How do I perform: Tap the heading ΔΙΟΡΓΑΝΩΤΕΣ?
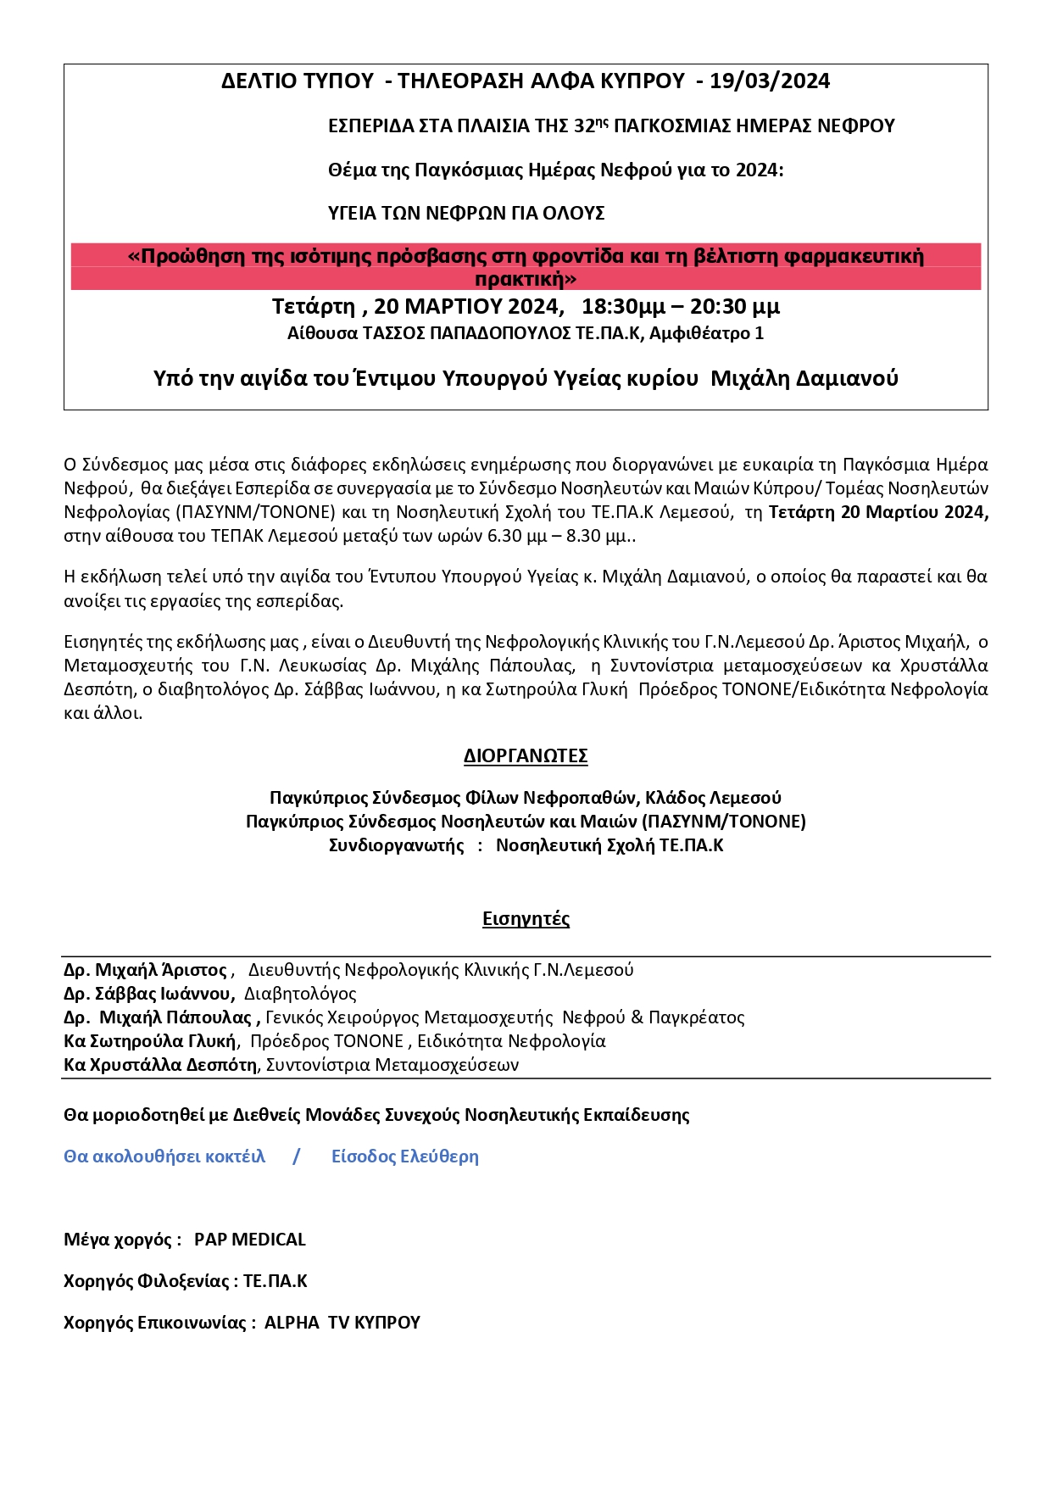[526, 756]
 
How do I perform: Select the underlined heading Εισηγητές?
[526, 919]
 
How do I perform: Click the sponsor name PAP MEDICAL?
[250, 1240]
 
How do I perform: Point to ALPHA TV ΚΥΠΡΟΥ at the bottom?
[342, 1323]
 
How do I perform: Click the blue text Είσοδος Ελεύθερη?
[405, 1156]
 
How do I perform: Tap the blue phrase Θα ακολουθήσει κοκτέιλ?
[164, 1156]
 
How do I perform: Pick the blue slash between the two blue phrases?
[296, 1156]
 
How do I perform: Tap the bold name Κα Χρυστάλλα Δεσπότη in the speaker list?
[160, 1065]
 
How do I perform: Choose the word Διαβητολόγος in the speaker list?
[300, 994]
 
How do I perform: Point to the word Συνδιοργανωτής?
[397, 845]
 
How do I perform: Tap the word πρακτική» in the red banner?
[526, 279]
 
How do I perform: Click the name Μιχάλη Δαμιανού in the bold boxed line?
[804, 378]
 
